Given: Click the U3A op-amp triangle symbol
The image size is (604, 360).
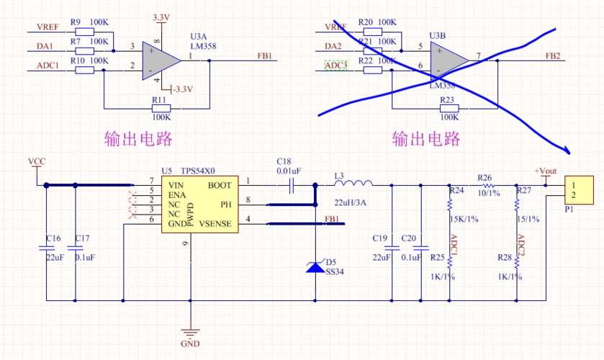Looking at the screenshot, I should tap(158, 59).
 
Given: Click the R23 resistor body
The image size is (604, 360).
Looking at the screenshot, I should tap(449, 109).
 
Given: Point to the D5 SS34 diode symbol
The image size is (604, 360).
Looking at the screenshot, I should tap(315, 266).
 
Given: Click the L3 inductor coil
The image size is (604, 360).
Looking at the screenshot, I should tap(350, 185).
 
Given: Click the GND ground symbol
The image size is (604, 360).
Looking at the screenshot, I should tap(190, 333).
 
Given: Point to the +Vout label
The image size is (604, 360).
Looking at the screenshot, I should tap(545, 171).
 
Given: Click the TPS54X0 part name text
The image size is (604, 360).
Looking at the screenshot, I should tap(198, 171).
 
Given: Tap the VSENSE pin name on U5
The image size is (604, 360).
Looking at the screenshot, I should tap(215, 224).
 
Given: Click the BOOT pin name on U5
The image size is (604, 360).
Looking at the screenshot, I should tap(220, 185).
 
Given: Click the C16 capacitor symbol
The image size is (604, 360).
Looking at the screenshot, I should tap(46, 248).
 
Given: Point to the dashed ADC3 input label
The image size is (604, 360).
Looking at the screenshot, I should tap(336, 66).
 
